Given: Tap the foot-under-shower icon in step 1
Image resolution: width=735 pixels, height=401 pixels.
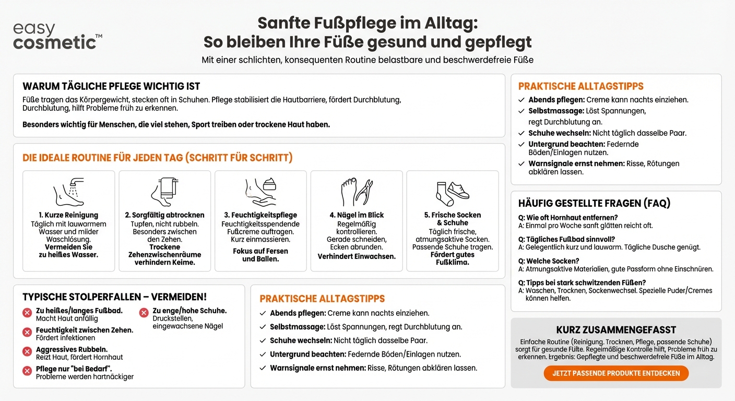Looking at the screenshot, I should [69, 192].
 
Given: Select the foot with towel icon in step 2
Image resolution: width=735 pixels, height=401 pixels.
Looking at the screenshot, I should [164, 192].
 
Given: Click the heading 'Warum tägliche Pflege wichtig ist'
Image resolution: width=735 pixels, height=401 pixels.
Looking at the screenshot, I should [111, 86].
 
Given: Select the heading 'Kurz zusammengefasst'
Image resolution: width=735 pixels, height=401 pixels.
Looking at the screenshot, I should [616, 330].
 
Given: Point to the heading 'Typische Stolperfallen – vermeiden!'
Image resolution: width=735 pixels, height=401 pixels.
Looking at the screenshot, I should [115, 297].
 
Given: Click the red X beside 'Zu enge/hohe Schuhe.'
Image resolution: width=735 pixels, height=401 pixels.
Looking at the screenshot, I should [144, 313].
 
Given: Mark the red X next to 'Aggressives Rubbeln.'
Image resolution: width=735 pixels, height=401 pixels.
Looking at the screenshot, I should [27, 351].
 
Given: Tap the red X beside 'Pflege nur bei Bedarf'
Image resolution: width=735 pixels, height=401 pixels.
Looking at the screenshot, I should [27, 371].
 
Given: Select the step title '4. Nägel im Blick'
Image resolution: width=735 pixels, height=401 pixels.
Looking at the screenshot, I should [357, 215].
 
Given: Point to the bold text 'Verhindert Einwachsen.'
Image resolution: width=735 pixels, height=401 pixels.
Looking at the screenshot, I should [357, 256].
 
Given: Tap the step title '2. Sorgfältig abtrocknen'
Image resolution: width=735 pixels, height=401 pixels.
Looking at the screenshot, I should [164, 215].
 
